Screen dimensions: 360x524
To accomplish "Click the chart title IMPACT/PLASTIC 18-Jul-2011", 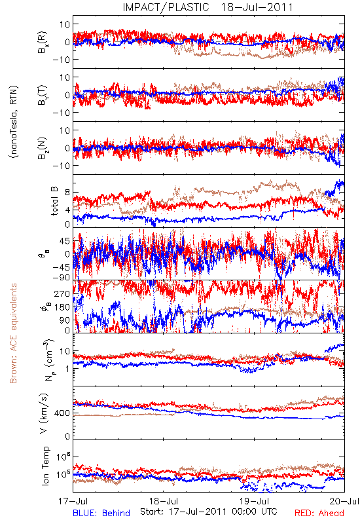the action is tap(207, 7).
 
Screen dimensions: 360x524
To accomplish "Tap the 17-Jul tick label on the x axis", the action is tap(73, 501).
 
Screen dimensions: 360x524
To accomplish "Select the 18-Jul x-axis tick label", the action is tap(164, 501).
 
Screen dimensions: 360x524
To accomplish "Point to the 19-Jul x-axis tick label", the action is tap(255, 501).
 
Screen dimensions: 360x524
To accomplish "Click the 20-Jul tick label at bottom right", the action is tap(345, 501).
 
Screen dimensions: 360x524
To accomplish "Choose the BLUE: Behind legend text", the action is tap(101, 514).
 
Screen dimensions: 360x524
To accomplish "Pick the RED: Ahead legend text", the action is tap(319, 514).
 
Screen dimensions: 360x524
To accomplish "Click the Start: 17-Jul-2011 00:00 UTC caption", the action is tap(209, 512).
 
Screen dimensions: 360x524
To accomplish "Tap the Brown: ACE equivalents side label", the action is tap(13, 333).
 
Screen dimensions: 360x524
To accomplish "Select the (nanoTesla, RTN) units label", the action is tap(14, 122).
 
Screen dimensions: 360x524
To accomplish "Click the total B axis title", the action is tap(54, 201).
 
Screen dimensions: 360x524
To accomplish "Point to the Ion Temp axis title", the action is tap(45, 466).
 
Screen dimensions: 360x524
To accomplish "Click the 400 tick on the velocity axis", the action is tap(62, 413).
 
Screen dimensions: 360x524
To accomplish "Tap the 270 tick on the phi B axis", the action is tap(62, 293).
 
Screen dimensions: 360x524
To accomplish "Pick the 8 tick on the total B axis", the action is tap(67, 193).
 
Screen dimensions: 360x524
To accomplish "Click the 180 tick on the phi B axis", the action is tap(62, 307).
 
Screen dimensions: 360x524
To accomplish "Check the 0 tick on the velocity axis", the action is tap(67, 436).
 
